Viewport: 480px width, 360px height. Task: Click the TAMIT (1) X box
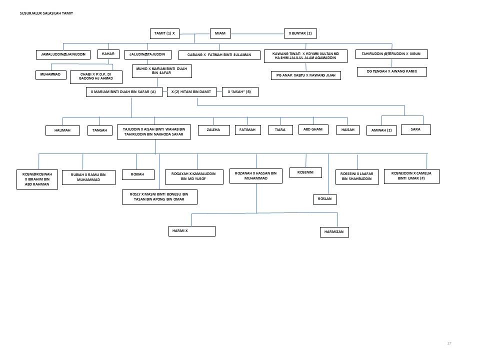pos(164,33)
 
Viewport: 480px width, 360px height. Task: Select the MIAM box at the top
pos(220,33)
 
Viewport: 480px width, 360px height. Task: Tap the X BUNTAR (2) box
pos(300,33)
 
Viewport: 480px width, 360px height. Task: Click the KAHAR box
pos(108,54)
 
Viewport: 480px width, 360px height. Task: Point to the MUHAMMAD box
pos(50,75)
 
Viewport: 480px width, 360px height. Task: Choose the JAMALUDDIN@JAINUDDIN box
pos(63,54)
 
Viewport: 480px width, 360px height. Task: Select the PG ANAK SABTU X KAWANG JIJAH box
pos(305,75)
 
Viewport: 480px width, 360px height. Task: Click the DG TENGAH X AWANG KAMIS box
pos(391,72)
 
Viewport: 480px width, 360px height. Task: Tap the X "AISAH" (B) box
pos(240,92)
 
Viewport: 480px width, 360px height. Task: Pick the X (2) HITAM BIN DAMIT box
pos(191,92)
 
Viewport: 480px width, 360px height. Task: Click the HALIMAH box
pos(62,130)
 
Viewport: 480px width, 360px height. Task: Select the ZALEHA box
pos(213,130)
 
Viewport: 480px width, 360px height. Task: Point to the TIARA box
pos(280,130)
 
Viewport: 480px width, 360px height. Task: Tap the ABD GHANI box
pos(313,129)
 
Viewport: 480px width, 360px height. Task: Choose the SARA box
pos(415,129)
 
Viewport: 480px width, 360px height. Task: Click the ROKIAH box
pos(137,174)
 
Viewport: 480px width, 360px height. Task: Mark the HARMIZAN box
pos(334,232)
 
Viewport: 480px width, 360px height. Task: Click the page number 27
pos(449,343)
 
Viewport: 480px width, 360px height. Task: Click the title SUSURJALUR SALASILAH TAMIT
pos(46,13)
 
